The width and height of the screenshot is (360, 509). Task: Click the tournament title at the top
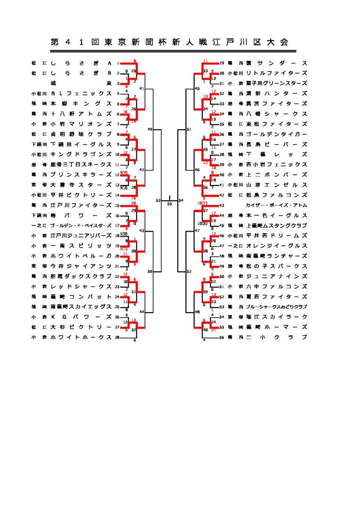(x=170, y=43)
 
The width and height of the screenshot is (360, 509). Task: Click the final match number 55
(x=170, y=204)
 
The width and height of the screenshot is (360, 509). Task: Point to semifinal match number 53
(x=158, y=200)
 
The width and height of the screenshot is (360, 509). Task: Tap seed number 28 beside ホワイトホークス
(x=118, y=337)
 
